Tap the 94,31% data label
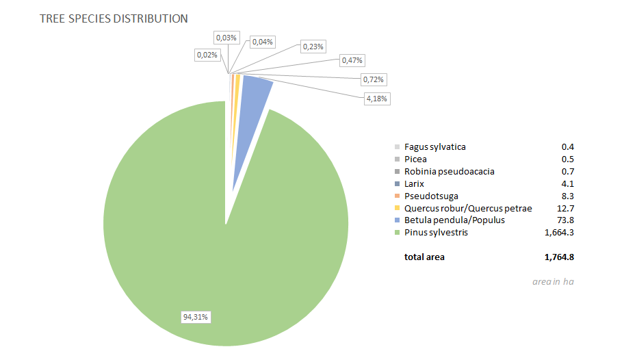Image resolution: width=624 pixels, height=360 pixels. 195,317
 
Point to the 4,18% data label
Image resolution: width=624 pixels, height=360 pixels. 377,99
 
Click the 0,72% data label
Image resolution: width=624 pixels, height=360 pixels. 373,79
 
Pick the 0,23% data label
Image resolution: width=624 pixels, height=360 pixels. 313,47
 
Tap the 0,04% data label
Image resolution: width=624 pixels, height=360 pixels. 263,42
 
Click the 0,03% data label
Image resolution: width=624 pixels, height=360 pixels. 226,37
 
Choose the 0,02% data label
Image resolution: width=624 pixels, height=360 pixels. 207,54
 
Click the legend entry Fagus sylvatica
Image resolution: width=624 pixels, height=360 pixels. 434,147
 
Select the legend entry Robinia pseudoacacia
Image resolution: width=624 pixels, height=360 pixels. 449,172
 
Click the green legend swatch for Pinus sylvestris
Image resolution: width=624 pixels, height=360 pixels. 398,233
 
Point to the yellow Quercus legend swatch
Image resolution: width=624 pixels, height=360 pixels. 398,209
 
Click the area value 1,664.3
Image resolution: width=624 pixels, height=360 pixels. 558,233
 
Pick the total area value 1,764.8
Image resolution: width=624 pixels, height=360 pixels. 558,257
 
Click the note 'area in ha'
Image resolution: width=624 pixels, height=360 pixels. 553,282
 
